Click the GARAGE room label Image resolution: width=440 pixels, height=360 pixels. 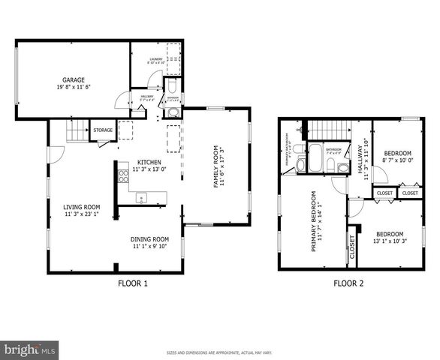tap(73, 79)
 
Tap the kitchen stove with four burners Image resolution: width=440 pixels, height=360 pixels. tap(123, 177)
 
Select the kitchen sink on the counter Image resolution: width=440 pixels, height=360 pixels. tap(141, 198)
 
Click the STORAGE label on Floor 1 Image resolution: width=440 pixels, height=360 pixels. tap(104, 130)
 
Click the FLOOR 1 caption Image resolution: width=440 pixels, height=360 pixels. tap(133, 283)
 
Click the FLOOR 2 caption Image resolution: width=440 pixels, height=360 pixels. tap(348, 283)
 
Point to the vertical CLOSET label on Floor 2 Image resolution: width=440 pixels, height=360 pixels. tap(352, 247)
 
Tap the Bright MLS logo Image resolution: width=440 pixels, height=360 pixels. tap(29, 349)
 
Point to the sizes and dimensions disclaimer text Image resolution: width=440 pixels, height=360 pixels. tap(219, 352)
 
